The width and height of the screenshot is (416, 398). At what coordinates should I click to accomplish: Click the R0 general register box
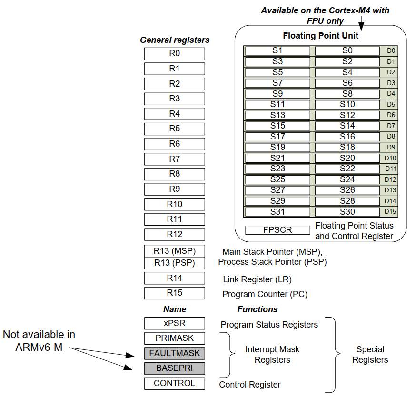pyautogui.click(x=175, y=53)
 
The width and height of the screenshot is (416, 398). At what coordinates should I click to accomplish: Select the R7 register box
pyautogui.click(x=175, y=159)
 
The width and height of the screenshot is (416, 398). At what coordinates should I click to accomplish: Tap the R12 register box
pyautogui.click(x=175, y=234)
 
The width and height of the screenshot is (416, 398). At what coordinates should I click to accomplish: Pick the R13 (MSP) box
pyautogui.click(x=175, y=251)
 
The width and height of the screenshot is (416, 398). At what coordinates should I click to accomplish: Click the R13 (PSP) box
pyautogui.click(x=175, y=263)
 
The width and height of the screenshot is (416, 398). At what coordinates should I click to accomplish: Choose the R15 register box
pyautogui.click(x=175, y=293)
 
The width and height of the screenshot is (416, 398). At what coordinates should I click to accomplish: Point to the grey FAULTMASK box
pyautogui.click(x=175, y=353)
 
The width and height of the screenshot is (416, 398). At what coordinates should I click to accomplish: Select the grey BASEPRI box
pyautogui.click(x=175, y=368)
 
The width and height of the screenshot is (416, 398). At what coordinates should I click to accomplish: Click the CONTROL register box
pyautogui.click(x=175, y=383)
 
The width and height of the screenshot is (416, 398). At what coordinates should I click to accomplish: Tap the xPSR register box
pyautogui.click(x=175, y=323)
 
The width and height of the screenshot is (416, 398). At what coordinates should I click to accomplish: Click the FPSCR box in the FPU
pyautogui.click(x=277, y=230)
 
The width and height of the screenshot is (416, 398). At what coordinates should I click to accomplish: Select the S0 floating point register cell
pyautogui.click(x=347, y=50)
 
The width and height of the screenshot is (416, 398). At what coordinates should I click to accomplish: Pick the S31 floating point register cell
pyautogui.click(x=277, y=212)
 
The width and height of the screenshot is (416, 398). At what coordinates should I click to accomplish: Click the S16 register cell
pyautogui.click(x=347, y=137)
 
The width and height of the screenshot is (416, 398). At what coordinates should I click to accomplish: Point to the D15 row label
pyautogui.click(x=390, y=212)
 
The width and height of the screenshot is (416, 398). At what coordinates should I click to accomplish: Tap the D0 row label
pyautogui.click(x=390, y=50)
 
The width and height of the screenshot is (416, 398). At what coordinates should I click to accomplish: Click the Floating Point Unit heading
pyautogui.click(x=320, y=36)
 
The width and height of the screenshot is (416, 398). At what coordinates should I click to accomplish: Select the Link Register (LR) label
pyautogui.click(x=257, y=279)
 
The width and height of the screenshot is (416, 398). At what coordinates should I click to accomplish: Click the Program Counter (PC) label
pyautogui.click(x=265, y=294)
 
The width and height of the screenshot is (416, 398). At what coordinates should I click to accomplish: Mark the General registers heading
pyautogui.click(x=175, y=40)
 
